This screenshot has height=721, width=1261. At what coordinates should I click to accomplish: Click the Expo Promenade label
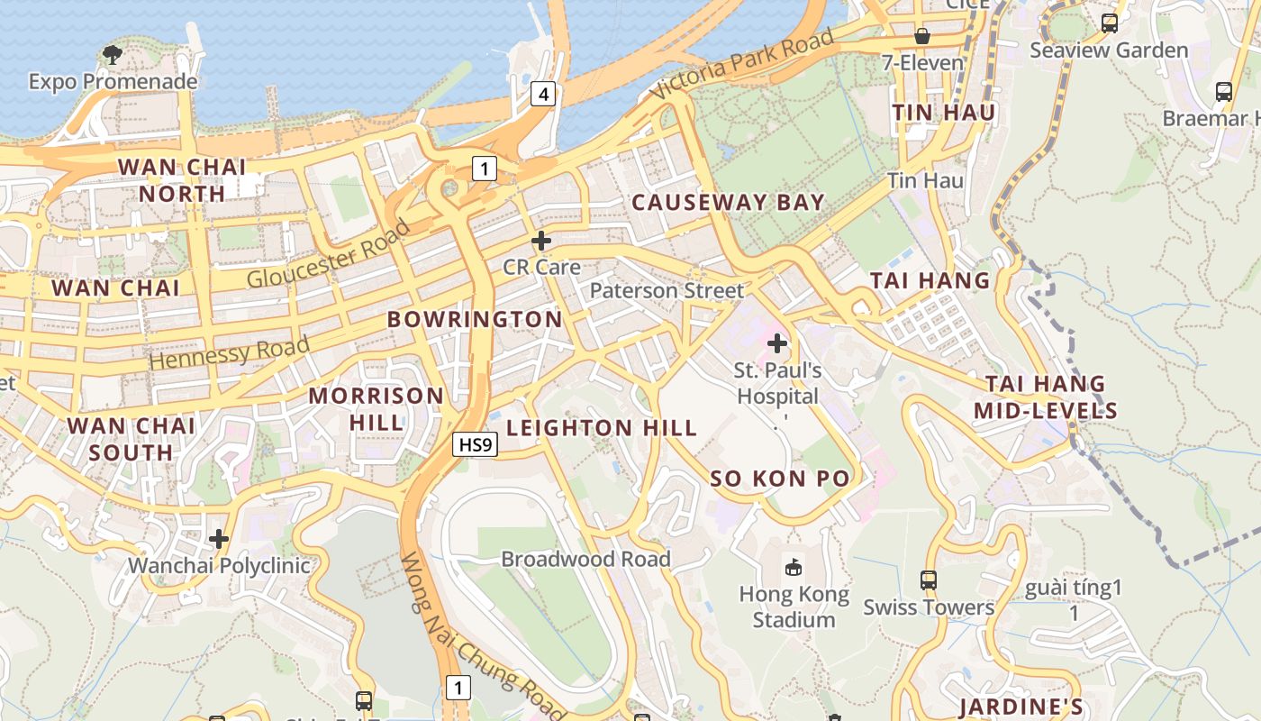pos(113,82)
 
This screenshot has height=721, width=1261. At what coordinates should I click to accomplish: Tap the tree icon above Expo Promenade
pos(113,55)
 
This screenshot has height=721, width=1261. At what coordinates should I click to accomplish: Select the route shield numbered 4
pos(541,93)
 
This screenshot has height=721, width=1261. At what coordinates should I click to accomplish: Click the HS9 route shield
pos(475,444)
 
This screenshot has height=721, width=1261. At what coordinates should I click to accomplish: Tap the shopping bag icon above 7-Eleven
pos(922,36)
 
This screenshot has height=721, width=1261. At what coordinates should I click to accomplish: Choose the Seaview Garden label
pos(1109,50)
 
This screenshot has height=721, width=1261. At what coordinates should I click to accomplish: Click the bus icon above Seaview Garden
pos(1110,23)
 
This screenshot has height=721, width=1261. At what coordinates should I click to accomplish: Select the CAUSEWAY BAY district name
pos(728,203)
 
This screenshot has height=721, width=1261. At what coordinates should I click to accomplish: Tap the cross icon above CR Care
pos(541,241)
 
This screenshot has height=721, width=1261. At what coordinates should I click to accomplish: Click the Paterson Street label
pos(667,290)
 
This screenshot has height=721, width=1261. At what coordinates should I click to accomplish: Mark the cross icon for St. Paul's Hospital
pos(777,343)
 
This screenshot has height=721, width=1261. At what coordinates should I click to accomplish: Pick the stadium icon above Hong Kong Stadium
pos(794,567)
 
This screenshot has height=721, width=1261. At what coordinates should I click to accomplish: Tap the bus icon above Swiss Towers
pos(929,580)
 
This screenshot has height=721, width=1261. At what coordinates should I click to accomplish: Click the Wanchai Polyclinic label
pos(219,566)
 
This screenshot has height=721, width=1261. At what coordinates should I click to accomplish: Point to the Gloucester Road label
pos(328,254)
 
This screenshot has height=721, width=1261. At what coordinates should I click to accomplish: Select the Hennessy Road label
pos(230,351)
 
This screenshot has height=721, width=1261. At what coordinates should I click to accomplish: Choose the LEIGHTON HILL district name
pos(602,428)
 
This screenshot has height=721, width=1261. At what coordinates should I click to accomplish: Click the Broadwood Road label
pos(585,559)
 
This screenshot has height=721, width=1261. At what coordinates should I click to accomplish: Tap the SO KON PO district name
pos(780,479)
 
